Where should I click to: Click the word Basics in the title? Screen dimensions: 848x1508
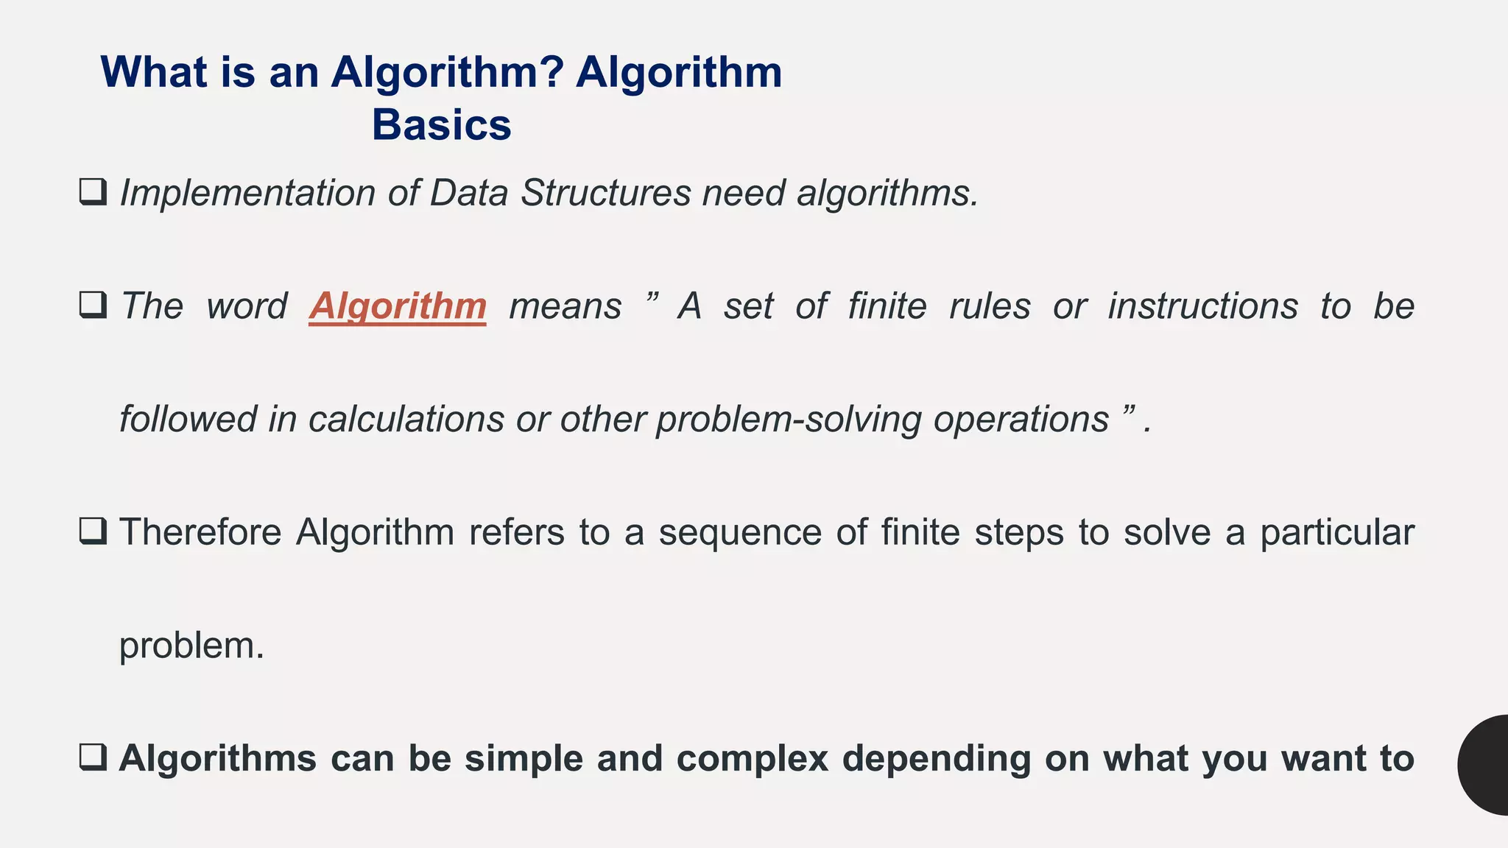[x=441, y=125]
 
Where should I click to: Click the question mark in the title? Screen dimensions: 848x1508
[x=553, y=72]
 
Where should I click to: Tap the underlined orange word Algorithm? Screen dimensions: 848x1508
[x=398, y=306]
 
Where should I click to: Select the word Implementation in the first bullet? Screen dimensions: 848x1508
[x=247, y=194]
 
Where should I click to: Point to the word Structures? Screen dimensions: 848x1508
[x=605, y=193]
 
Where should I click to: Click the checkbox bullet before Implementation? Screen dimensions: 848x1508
[x=93, y=192]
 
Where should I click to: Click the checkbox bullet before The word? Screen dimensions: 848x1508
[x=93, y=305]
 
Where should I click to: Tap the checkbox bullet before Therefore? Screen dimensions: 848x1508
[x=93, y=531]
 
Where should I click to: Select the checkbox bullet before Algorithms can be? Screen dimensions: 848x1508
[x=93, y=757]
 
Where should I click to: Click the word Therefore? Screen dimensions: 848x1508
[x=200, y=532]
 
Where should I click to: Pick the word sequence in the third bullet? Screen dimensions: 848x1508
[x=739, y=533]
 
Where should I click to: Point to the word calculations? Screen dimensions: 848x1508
[x=406, y=420]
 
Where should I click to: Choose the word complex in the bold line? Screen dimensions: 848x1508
[x=753, y=759]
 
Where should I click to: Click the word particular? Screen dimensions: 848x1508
[x=1336, y=533]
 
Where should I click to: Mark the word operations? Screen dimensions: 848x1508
[x=1021, y=420]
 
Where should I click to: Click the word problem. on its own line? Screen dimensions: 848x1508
[x=191, y=646]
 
